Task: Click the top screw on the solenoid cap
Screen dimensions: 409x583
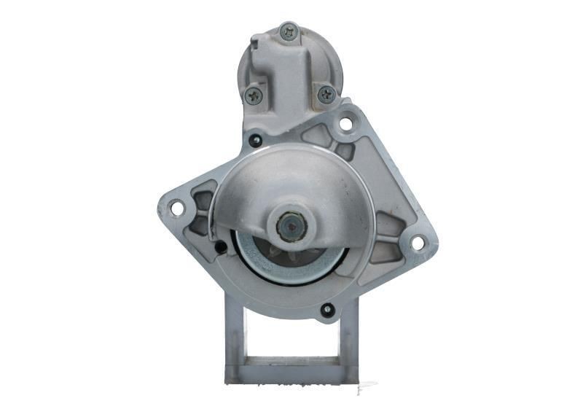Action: point(289,32)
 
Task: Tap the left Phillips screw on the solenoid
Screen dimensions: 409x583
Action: point(254,94)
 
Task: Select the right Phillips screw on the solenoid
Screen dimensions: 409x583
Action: point(326,93)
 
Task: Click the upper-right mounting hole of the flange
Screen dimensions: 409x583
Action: point(345,124)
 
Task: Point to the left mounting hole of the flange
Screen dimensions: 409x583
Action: point(176,209)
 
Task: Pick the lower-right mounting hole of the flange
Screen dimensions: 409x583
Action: point(418,243)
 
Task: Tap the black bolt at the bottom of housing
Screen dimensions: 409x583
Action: point(327,310)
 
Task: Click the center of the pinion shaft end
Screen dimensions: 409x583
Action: point(291,227)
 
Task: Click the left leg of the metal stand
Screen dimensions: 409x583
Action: point(235,343)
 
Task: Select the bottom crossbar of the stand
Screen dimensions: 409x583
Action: point(291,371)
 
